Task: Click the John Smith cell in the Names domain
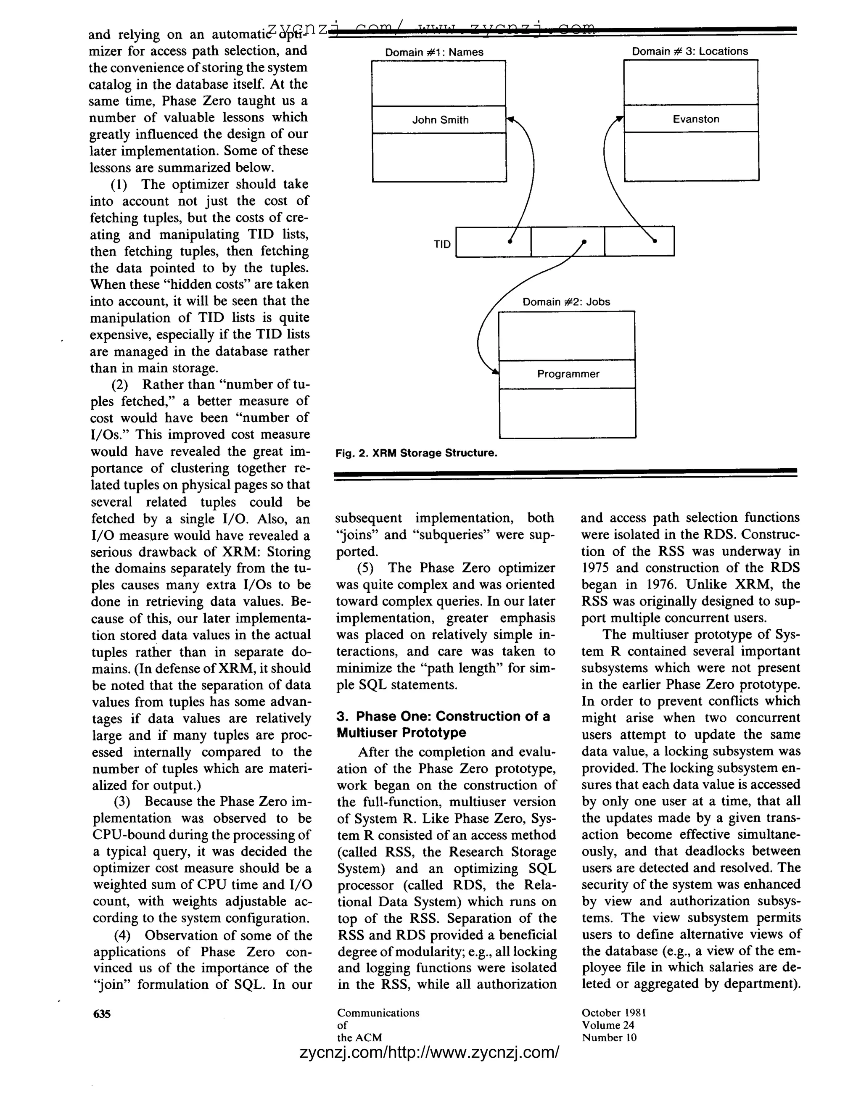(439, 120)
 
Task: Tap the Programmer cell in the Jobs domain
(568, 374)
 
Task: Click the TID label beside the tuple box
(442, 244)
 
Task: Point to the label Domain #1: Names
(434, 52)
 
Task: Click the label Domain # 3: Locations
(689, 51)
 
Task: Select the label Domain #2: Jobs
(566, 301)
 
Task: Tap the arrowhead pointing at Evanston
(620, 119)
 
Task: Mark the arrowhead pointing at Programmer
(495, 372)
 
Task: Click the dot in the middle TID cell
(584, 241)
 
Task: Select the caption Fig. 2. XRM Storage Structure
(416, 453)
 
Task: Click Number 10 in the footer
(609, 1037)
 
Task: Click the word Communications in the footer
(378, 1013)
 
